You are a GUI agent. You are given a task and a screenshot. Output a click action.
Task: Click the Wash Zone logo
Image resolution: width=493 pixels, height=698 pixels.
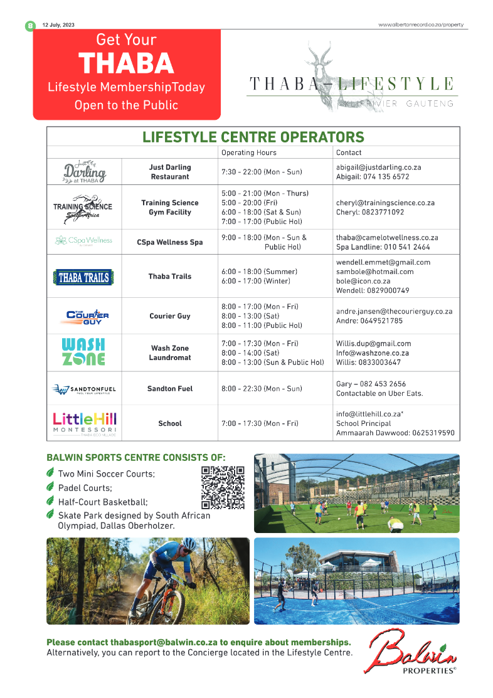tap(83, 352)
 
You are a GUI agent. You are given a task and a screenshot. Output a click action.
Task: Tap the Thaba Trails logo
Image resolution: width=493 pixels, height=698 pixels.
tap(83, 277)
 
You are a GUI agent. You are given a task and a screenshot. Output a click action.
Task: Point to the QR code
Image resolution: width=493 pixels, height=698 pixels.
tap(223, 487)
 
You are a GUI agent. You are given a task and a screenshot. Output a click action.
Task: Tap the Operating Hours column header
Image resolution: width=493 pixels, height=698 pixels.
tap(248, 152)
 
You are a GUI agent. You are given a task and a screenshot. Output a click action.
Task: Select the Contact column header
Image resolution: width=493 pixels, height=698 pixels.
tap(349, 152)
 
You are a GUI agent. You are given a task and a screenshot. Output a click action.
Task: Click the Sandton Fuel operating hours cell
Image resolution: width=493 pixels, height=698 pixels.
tap(262, 389)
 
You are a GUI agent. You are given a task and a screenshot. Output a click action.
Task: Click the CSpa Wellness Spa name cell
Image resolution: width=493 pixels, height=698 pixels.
tap(169, 242)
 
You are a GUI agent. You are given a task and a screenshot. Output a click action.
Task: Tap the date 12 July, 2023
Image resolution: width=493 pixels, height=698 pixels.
tap(58, 25)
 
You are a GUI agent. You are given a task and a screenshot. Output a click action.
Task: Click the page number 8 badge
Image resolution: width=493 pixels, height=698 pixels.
tap(29, 26)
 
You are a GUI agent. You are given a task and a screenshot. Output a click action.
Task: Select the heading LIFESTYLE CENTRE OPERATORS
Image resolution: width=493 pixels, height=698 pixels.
tap(253, 137)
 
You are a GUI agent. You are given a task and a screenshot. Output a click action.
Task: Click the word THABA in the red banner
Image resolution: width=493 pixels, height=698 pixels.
tap(126, 63)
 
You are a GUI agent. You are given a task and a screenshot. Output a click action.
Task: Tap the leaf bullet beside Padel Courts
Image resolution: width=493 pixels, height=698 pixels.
tap(51, 487)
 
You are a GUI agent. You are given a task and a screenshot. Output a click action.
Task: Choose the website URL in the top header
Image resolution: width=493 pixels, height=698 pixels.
tap(421, 25)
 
